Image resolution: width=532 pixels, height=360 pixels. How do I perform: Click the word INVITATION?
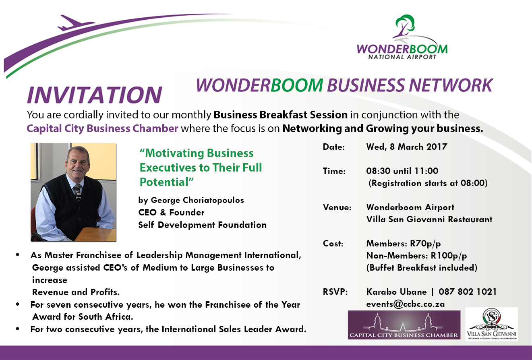tap(95, 95)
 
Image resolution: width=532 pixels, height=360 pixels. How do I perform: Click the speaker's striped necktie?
tap(78, 192)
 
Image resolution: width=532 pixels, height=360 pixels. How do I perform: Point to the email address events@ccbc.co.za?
tap(406, 304)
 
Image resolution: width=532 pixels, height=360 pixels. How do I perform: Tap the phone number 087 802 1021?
tap(468, 292)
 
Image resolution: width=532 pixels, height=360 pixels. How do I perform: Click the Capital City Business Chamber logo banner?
tap(404, 325)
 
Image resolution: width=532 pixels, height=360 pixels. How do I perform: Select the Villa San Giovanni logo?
tap(491, 324)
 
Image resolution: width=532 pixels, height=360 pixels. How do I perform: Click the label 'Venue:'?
tap(337, 207)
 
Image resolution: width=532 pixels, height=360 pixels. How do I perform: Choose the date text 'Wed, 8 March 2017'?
tap(407, 147)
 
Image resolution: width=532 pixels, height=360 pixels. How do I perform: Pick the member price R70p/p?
tap(425, 244)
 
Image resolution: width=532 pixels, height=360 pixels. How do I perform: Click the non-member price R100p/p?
tap(449, 256)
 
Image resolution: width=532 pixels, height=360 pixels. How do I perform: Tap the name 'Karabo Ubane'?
tap(396, 292)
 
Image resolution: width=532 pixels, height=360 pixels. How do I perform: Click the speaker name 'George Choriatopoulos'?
tap(197, 200)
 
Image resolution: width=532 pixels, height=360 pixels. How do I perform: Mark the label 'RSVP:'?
tap(335, 292)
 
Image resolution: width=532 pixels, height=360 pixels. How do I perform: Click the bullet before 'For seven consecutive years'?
tap(17, 304)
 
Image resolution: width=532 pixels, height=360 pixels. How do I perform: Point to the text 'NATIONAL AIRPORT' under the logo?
tap(402, 57)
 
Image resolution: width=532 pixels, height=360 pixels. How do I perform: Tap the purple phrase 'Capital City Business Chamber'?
tap(102, 128)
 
